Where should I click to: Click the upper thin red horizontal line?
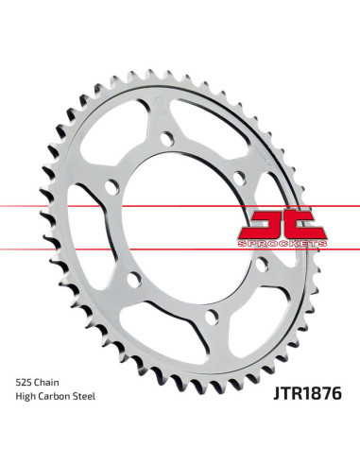point(180,203)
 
